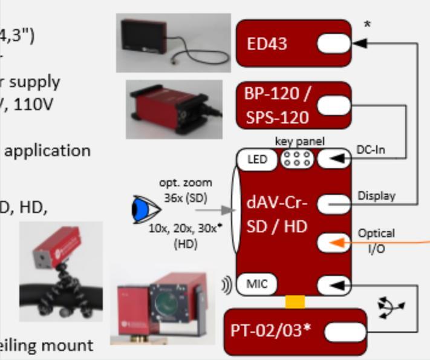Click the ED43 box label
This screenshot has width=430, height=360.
(x=267, y=44)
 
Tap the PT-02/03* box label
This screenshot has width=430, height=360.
(x=270, y=332)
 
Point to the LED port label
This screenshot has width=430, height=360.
(x=257, y=160)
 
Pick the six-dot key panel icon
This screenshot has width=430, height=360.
(x=296, y=160)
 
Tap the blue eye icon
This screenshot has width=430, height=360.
(x=145, y=211)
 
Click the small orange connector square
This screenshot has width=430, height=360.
(x=295, y=301)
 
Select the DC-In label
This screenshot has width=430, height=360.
(x=371, y=149)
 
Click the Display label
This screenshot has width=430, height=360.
(x=376, y=195)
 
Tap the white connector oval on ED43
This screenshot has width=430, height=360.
(x=333, y=44)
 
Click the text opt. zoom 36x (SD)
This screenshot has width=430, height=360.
(x=186, y=189)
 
